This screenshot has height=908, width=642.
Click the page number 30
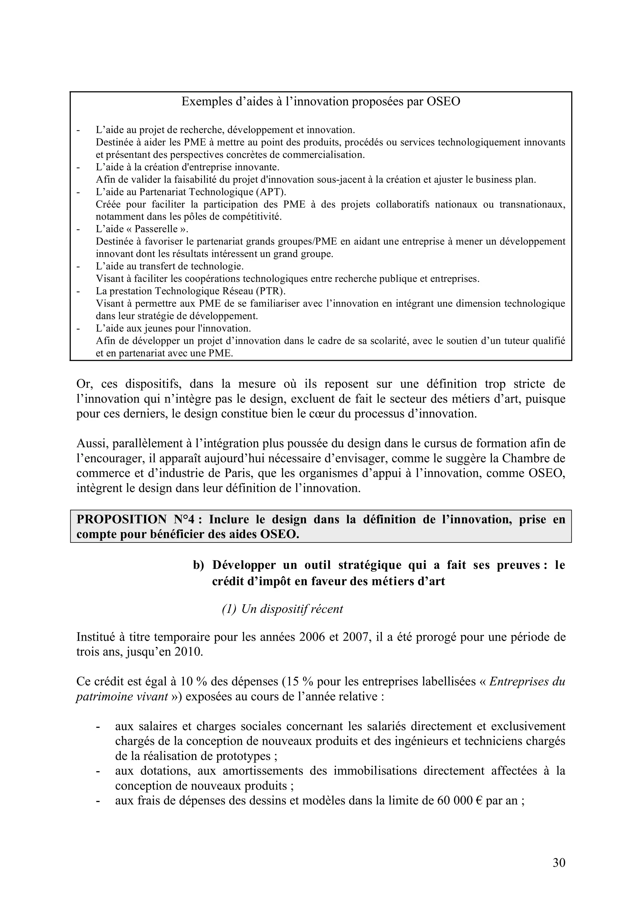point(559,863)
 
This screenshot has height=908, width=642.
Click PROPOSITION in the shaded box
point(121,520)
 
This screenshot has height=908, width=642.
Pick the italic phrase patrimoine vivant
point(122,696)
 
